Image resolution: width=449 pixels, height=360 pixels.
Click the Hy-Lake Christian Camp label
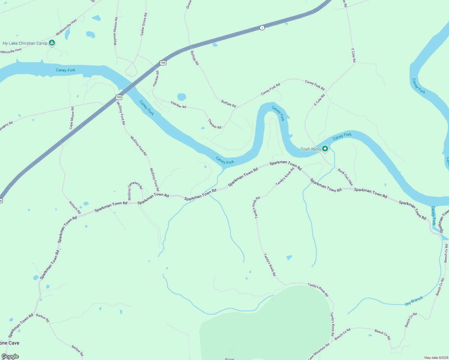click(25, 43)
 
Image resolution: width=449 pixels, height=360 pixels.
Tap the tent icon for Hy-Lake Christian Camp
click(52, 43)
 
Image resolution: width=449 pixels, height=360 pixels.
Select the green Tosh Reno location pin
click(325, 148)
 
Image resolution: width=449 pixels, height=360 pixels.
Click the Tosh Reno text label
click(311, 149)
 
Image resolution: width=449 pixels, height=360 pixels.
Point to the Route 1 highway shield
click(262, 28)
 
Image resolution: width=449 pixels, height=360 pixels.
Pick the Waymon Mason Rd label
click(116, 31)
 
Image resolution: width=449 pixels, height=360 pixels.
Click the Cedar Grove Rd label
click(144, 24)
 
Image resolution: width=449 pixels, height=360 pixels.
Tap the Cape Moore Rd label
click(72, 118)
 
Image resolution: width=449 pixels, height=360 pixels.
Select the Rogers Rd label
click(6, 126)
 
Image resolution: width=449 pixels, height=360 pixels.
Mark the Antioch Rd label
click(75, 207)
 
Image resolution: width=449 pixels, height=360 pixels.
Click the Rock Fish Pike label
click(345, 177)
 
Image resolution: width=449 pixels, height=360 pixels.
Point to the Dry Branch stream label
click(414, 301)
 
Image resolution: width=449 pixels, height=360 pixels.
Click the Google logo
click(10, 356)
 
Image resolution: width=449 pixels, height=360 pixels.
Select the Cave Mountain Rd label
click(318, 351)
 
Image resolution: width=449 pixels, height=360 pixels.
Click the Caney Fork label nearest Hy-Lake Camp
click(65, 70)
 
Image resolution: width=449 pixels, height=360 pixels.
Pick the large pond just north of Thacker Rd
click(181, 97)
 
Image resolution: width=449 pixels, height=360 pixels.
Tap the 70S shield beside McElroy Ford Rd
click(119, 97)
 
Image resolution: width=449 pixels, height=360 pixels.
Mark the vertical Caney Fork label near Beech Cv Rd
click(433, 215)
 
